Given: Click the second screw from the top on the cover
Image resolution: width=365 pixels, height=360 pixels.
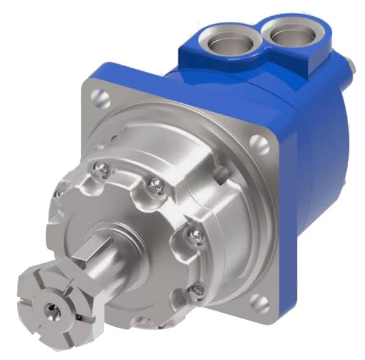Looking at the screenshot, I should point(155,187).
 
